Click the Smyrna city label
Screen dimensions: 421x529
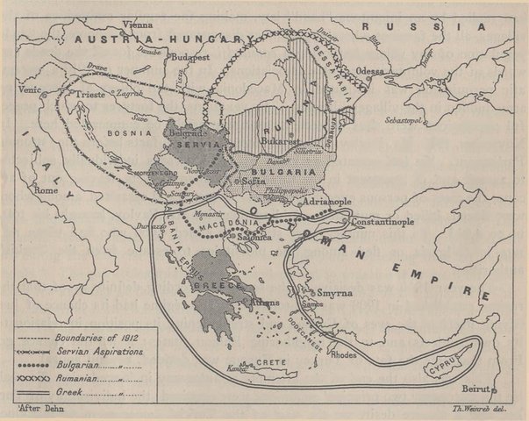click(x=335, y=293)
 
